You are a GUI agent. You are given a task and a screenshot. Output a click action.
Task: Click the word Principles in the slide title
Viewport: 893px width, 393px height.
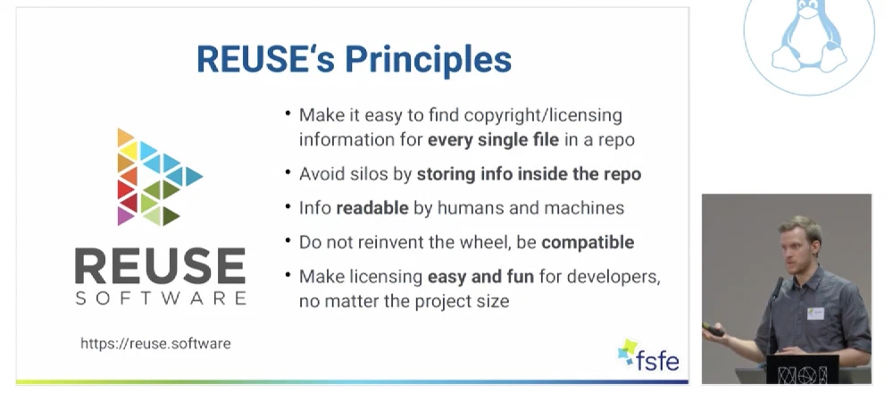429,59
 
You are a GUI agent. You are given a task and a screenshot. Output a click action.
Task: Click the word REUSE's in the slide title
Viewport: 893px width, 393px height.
266,58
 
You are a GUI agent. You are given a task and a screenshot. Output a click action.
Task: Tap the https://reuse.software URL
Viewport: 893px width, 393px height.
155,344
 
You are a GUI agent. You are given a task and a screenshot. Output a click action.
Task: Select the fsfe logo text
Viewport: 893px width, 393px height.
658,359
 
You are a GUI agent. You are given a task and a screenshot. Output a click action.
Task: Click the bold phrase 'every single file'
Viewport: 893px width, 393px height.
493,140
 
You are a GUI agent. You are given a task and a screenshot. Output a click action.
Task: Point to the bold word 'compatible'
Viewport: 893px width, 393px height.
588,242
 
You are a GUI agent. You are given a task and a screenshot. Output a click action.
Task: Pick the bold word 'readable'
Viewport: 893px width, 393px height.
372,208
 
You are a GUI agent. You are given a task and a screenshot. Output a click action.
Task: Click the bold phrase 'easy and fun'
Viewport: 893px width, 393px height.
480,277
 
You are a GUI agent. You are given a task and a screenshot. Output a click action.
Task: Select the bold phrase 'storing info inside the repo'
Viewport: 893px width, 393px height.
529,173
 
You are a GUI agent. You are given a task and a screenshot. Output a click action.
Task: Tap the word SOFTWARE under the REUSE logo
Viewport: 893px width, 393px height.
161,298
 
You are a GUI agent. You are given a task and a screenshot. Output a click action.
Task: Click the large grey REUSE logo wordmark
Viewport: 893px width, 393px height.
160,265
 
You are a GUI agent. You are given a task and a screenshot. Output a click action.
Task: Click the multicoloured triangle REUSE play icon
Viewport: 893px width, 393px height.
159,177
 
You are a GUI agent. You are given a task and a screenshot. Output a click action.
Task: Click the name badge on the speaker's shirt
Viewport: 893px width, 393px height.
815,314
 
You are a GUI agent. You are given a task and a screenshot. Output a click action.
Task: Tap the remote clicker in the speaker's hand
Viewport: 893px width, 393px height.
713,330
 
